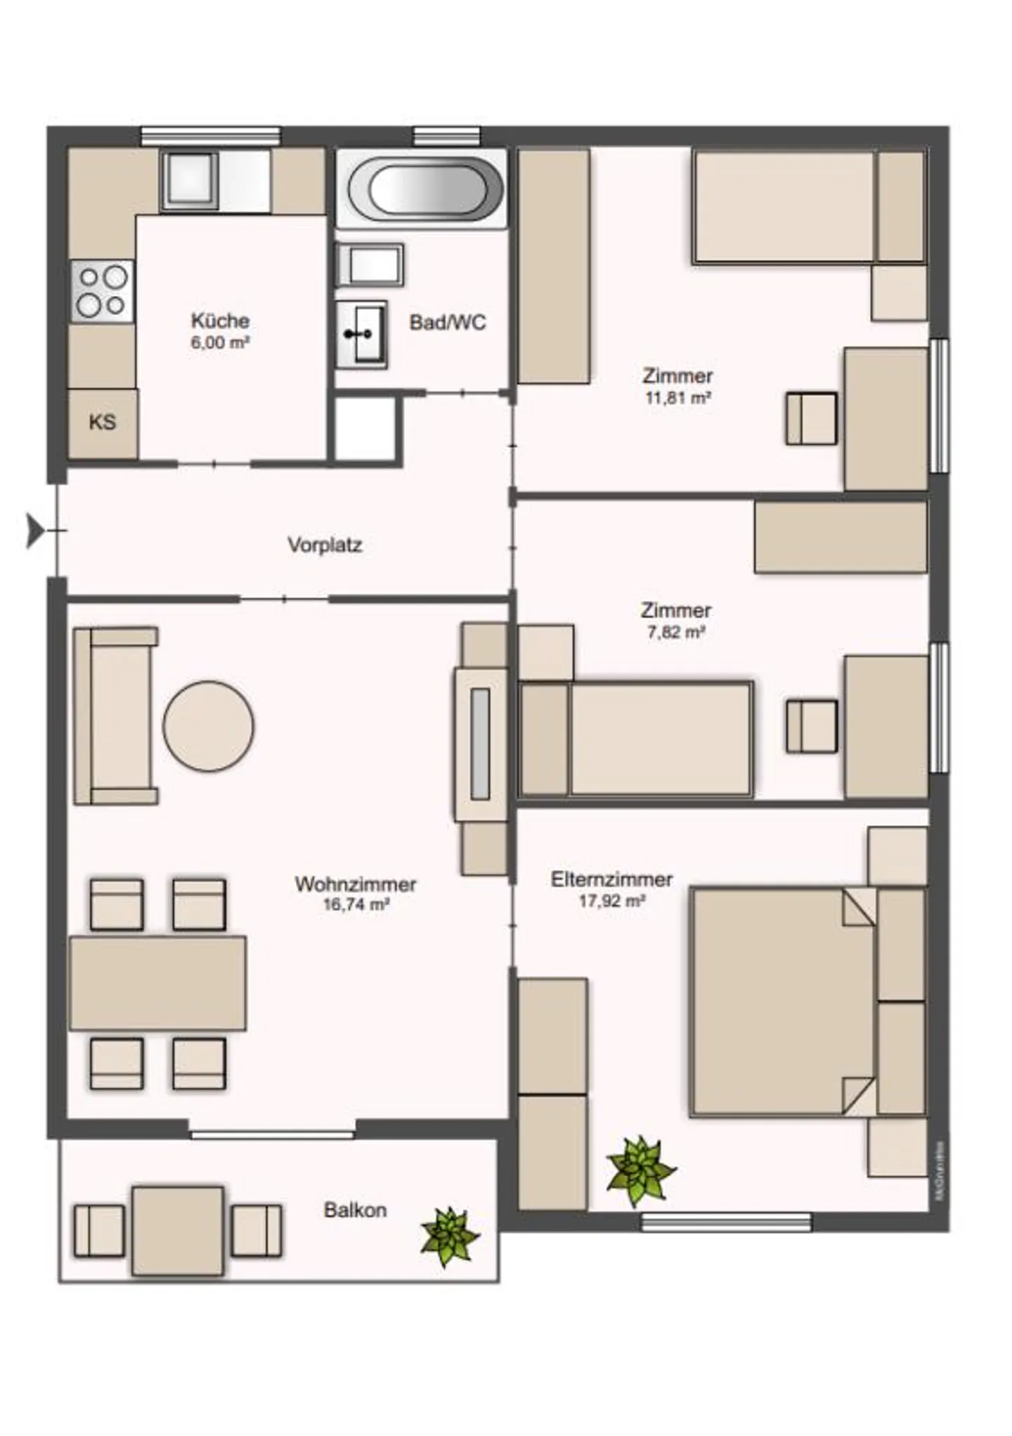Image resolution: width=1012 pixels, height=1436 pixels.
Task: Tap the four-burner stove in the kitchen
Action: click(x=102, y=291)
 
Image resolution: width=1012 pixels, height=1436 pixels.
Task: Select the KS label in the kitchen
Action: click(x=103, y=422)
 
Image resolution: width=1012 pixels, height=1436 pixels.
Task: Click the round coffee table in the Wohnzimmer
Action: click(x=208, y=726)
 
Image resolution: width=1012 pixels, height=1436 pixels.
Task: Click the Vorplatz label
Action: click(x=325, y=545)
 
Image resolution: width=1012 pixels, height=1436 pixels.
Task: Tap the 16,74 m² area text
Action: click(x=356, y=905)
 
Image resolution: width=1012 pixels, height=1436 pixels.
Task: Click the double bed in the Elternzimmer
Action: click(x=784, y=1003)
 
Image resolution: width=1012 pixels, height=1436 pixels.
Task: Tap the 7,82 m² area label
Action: click(x=675, y=632)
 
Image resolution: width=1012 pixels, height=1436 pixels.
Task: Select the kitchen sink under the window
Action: click(x=189, y=181)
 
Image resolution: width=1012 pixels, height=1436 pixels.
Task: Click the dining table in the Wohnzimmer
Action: click(x=157, y=983)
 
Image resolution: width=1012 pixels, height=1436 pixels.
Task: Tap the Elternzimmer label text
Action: click(x=611, y=879)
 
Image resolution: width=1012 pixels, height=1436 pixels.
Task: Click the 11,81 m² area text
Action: click(x=677, y=398)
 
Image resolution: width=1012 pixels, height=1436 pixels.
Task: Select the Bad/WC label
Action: click(x=448, y=323)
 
